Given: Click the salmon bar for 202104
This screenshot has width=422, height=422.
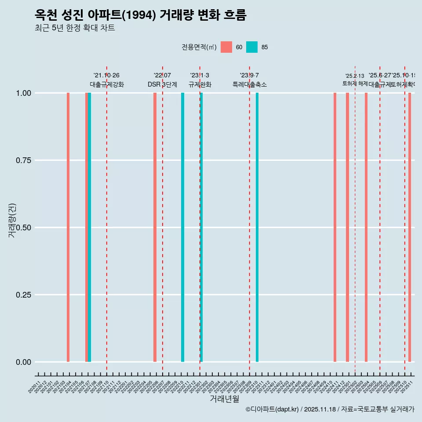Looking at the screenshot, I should pos(68,227).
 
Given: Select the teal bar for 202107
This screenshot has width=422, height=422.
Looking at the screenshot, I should pos(90,227).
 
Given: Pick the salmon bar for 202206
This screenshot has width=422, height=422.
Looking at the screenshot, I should pos(155,227).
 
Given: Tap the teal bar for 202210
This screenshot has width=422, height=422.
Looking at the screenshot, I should pos(182,227).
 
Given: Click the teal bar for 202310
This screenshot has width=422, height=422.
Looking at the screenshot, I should pos(257,227).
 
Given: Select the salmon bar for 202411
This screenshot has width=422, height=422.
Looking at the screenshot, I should pos(335,227).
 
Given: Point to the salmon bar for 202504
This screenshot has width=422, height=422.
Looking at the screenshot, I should pos(366,227).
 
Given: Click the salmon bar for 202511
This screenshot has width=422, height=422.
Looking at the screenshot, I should pos(410,227).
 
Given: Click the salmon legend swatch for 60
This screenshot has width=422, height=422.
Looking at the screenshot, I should pos(226,47).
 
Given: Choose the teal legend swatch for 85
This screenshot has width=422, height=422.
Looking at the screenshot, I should pos(252,47).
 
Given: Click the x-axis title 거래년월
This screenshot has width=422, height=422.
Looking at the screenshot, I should pos(224,399).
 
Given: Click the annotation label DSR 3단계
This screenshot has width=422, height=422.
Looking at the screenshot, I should pos(162,84).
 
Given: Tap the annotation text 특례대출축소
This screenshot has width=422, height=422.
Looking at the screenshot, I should pos(250,84).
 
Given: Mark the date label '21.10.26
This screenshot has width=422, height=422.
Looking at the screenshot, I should pos(106,76).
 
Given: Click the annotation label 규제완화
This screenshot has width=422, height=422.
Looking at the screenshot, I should pos(200,84).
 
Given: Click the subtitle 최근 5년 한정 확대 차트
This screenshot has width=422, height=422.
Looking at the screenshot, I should pos(75,28).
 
